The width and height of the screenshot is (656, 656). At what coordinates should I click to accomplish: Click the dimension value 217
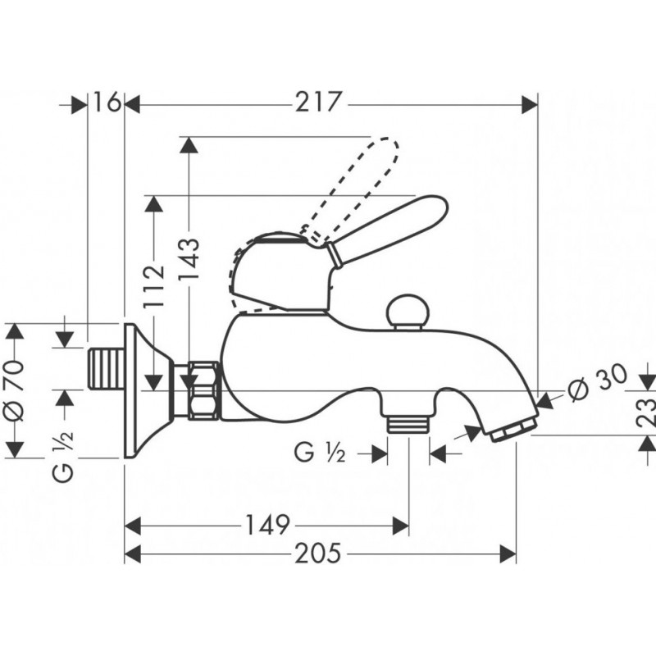(318, 102)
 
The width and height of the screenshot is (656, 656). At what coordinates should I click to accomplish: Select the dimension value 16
(107, 102)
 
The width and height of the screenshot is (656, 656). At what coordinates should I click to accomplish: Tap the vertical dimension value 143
(189, 259)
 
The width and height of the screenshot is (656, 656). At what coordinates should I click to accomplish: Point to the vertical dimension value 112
(154, 286)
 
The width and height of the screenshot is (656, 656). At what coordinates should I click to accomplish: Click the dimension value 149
(267, 525)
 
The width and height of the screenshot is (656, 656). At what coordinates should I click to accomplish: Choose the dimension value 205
(318, 553)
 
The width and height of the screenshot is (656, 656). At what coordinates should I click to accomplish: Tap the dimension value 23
(646, 412)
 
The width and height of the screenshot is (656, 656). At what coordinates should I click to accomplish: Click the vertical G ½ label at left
(64, 456)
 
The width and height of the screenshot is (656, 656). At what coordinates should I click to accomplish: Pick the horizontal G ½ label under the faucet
(320, 453)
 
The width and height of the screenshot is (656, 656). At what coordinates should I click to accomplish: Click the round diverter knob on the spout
(406, 312)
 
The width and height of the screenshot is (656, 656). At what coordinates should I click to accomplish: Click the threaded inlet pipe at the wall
(107, 369)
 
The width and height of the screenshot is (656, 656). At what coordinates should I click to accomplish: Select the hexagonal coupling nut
(203, 390)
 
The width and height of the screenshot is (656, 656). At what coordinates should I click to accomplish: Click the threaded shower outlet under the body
(407, 423)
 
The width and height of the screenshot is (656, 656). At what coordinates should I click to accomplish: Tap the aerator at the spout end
(513, 429)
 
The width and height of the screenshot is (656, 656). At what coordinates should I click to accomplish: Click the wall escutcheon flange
(148, 390)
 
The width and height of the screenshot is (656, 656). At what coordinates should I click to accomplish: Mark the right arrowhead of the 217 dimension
(530, 104)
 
